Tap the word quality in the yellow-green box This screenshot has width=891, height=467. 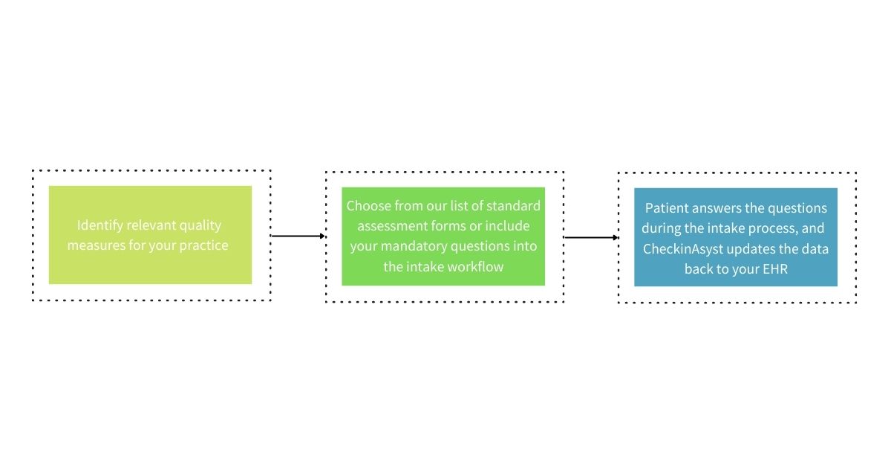click(x=200, y=225)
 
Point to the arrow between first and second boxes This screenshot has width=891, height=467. click(x=298, y=236)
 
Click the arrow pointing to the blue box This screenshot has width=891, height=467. click(x=591, y=238)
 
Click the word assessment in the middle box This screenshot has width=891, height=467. click(x=391, y=226)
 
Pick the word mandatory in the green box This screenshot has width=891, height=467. click(x=416, y=246)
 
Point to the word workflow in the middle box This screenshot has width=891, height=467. click(x=475, y=266)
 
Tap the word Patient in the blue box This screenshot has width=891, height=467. click(x=666, y=208)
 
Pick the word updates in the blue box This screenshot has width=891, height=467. click(x=744, y=249)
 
